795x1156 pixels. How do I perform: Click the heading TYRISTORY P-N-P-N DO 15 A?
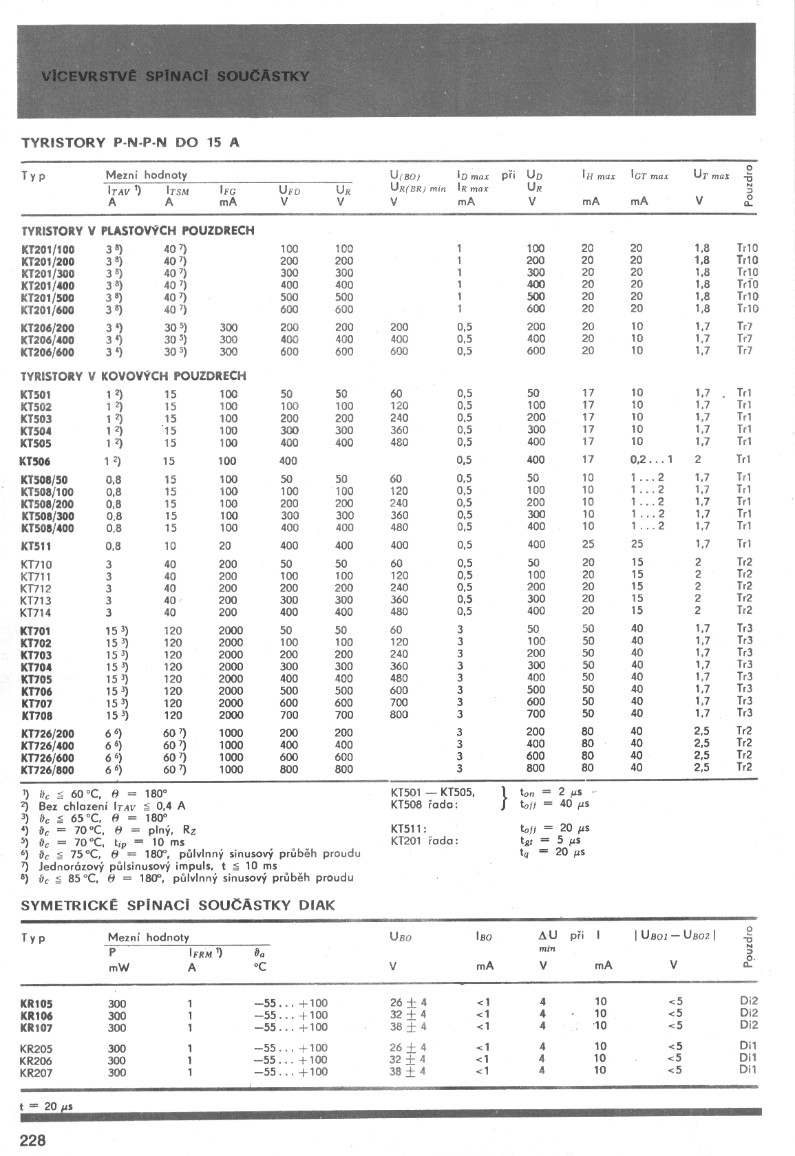(x=130, y=143)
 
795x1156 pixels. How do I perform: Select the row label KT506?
(x=36, y=462)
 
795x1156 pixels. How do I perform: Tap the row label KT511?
(x=36, y=547)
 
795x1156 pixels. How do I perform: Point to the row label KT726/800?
(x=47, y=770)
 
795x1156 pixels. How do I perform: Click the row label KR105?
(x=36, y=1003)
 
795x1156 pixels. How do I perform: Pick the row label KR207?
(x=36, y=1072)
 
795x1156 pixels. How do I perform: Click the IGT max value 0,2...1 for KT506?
(x=650, y=460)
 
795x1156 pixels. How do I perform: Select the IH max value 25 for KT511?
(x=588, y=545)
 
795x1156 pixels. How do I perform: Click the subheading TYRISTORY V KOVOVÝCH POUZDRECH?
(x=133, y=376)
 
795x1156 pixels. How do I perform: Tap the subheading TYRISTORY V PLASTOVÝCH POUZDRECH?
(x=138, y=231)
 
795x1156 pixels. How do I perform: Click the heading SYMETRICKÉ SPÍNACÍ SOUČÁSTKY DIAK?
(x=178, y=905)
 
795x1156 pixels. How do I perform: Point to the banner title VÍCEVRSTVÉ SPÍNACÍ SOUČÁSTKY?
(x=175, y=76)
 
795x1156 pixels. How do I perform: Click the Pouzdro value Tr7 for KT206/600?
(x=745, y=350)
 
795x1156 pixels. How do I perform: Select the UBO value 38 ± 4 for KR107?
(x=407, y=1027)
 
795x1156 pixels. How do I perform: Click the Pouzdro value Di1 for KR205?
(x=748, y=1046)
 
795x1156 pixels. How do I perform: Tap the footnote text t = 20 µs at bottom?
(x=47, y=1106)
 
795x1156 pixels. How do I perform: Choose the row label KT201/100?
(x=48, y=249)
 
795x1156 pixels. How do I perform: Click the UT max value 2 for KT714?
(x=698, y=610)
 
